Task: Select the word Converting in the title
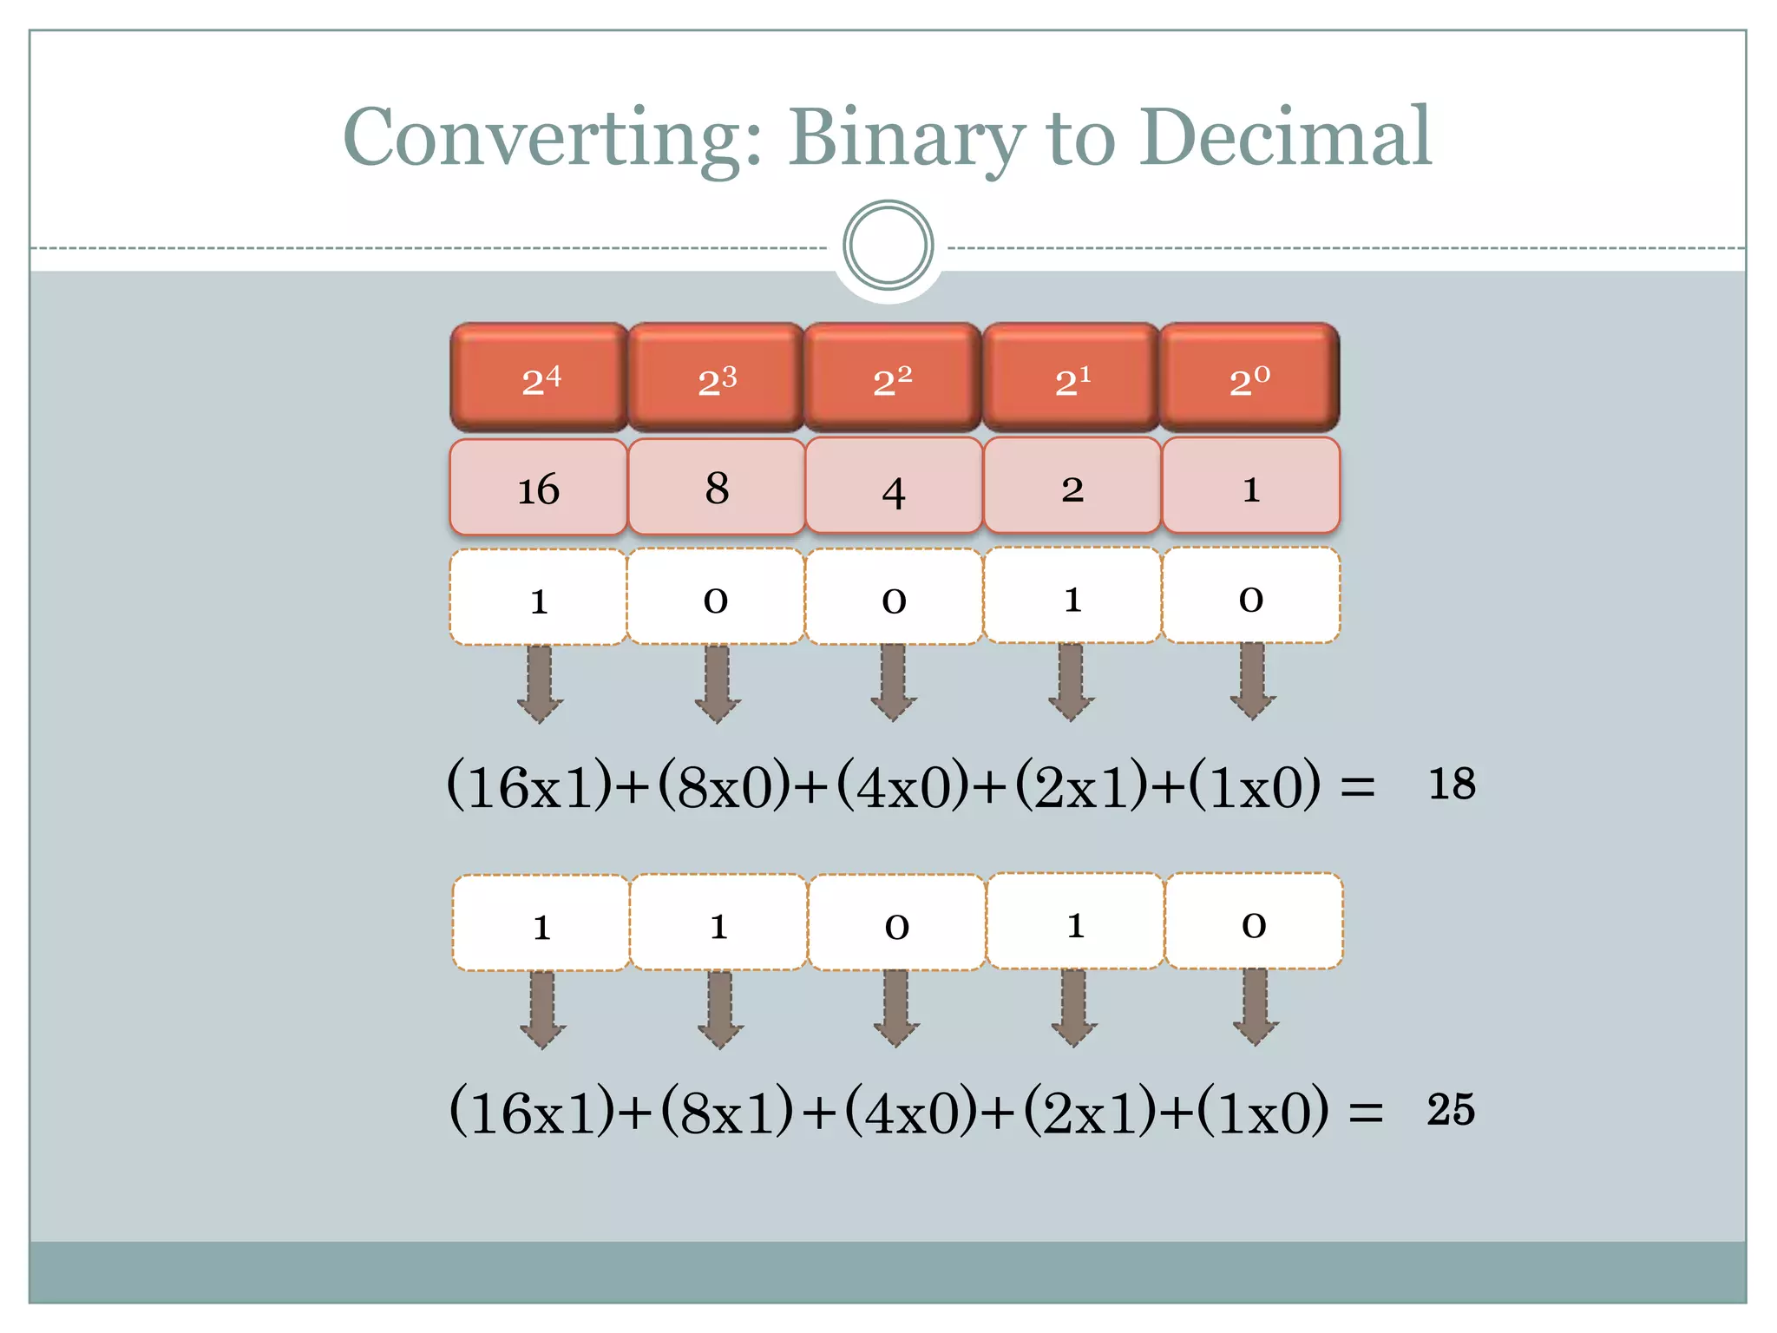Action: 553,139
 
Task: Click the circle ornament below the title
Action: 888,246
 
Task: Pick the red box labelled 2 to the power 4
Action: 539,378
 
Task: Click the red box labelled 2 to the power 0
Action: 1249,378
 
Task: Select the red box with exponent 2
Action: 893,378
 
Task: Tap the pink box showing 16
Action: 539,488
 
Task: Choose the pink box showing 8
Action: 717,487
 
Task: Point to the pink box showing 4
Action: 894,487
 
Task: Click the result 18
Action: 1451,784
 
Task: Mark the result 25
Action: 1451,1110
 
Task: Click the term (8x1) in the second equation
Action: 726,1112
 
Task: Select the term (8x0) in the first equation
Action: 724,786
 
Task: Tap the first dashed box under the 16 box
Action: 539,598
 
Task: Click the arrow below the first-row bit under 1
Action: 1251,682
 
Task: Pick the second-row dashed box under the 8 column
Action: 718,923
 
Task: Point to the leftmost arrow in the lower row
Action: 542,1009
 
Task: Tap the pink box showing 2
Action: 1072,487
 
